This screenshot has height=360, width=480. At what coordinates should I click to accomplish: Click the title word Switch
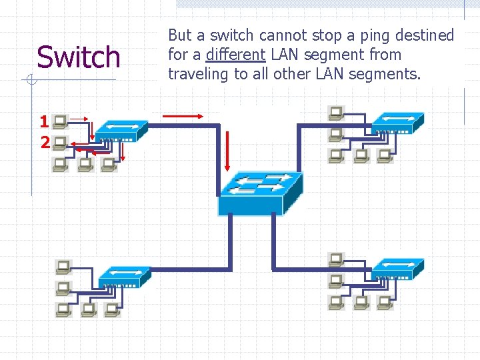point(79,57)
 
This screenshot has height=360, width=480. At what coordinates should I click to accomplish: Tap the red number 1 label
point(44,122)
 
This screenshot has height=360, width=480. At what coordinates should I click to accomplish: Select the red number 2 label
point(44,142)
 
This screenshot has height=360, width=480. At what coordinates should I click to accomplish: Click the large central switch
point(261,191)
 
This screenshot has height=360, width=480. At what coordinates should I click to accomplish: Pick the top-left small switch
point(121,131)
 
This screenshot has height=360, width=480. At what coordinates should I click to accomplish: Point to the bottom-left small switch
point(124,276)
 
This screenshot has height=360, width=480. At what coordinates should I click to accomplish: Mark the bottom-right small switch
point(398,268)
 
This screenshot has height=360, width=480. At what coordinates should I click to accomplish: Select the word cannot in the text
point(285,35)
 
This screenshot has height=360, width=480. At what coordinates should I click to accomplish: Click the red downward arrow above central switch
point(227,150)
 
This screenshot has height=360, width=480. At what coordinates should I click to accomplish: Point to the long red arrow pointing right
point(183,115)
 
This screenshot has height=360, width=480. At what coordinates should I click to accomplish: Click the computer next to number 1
point(60,121)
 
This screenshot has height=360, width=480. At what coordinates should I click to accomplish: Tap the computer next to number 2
point(60,142)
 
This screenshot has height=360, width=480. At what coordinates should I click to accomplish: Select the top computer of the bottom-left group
point(63,267)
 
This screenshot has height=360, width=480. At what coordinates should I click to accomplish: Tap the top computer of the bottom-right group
point(336,259)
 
